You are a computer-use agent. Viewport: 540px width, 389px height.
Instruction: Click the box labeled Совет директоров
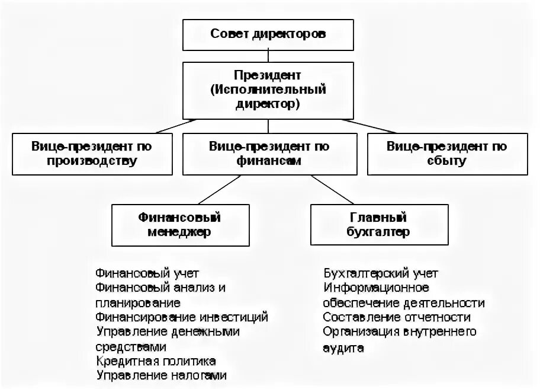coord(268,34)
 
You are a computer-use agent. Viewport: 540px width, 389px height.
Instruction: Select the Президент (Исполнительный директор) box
coord(268,90)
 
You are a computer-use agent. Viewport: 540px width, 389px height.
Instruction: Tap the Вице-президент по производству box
coord(92,154)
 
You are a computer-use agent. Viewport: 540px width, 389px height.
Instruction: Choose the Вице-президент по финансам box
coord(269,154)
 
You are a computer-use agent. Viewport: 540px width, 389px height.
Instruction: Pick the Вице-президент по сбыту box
coord(446,154)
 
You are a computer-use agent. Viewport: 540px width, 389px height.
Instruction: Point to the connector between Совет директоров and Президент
coord(268,56)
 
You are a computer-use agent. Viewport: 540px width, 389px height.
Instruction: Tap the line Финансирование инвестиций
coord(181,317)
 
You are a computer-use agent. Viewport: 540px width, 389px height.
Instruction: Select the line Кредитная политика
coord(155,361)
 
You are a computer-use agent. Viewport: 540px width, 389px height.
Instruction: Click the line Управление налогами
coord(160,375)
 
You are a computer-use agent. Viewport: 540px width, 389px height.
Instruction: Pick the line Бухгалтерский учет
coord(380,273)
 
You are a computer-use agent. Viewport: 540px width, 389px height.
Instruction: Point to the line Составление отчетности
coord(397,317)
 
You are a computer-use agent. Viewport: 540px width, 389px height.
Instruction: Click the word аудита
coord(343,347)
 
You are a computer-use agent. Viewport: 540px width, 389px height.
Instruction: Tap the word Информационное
coord(376,288)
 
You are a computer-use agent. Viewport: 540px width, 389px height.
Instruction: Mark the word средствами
coord(130,347)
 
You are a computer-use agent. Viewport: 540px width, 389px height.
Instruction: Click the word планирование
coord(137,303)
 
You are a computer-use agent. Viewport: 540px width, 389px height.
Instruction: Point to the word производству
coord(93,161)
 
